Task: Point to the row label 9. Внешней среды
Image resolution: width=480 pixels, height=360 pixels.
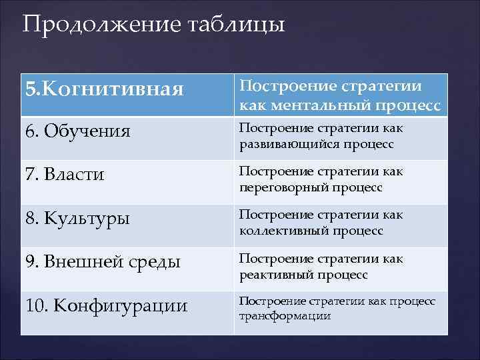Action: coord(103,262)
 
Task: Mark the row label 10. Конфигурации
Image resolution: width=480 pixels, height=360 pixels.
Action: coord(107,306)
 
